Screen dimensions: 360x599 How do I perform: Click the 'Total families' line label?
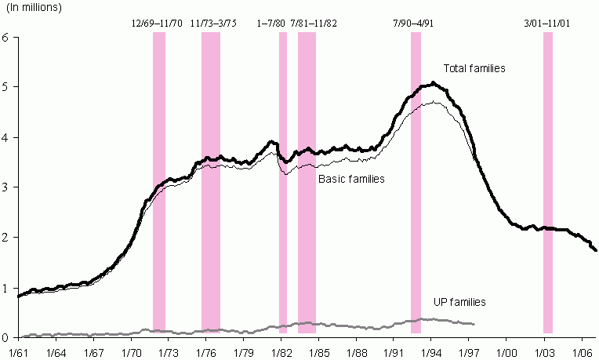click(x=474, y=69)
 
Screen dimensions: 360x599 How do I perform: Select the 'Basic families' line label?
click(x=351, y=180)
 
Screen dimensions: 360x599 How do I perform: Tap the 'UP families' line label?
click(x=459, y=302)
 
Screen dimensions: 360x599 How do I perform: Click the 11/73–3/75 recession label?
click(x=213, y=24)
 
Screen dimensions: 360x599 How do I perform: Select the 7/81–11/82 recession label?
click(x=314, y=24)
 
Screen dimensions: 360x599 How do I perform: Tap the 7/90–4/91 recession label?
click(x=413, y=24)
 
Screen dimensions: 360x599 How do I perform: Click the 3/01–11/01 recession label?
click(x=546, y=24)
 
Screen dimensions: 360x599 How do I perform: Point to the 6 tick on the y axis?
click(x=6, y=38)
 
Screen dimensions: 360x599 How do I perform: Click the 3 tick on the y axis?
click(x=6, y=187)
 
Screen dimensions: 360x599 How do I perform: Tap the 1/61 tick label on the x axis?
click(x=17, y=351)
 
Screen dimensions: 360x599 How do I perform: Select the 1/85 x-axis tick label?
click(x=319, y=351)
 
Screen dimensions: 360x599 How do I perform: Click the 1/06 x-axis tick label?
click(x=582, y=351)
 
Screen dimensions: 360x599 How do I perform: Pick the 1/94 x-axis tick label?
click(x=431, y=351)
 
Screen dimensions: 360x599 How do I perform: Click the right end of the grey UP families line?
click(x=474, y=324)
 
